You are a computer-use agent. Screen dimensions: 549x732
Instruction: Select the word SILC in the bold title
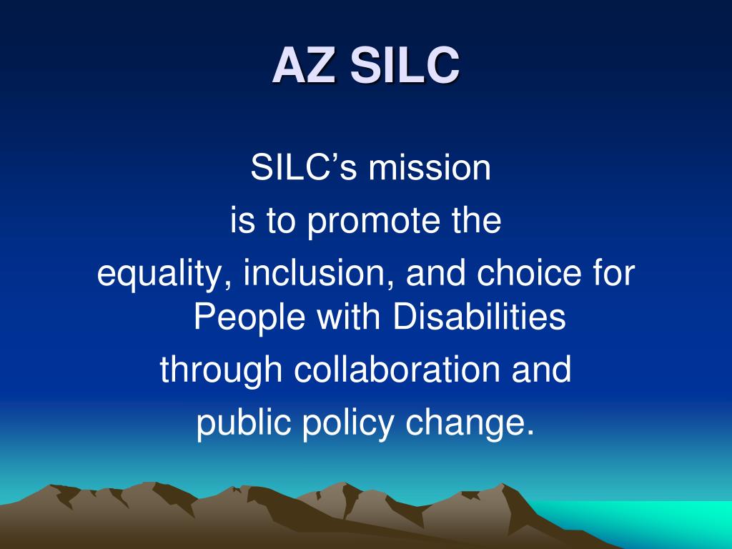coord(404,66)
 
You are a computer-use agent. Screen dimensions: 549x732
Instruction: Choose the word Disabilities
coord(479,317)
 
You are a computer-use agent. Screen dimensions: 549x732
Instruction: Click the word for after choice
coord(614,274)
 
